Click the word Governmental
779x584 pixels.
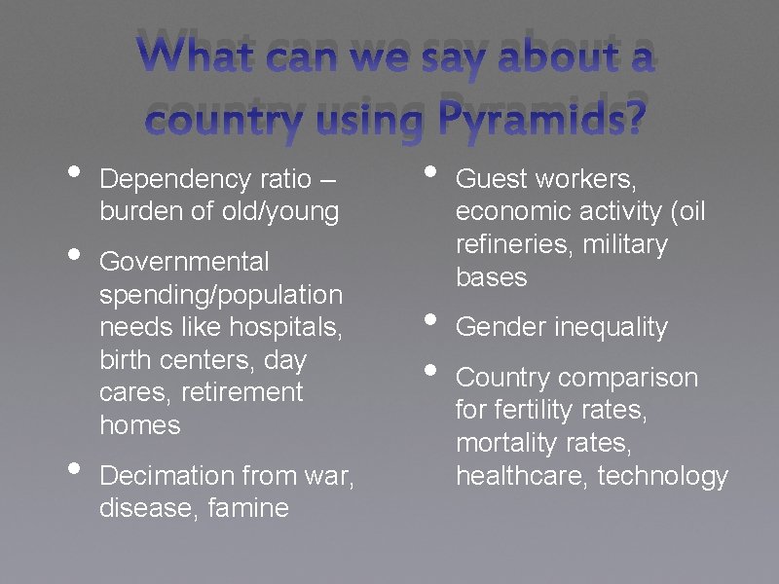point(185,262)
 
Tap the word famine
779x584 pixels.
point(248,508)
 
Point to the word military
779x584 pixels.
point(625,244)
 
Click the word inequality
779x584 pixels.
point(611,327)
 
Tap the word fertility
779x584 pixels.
point(545,410)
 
